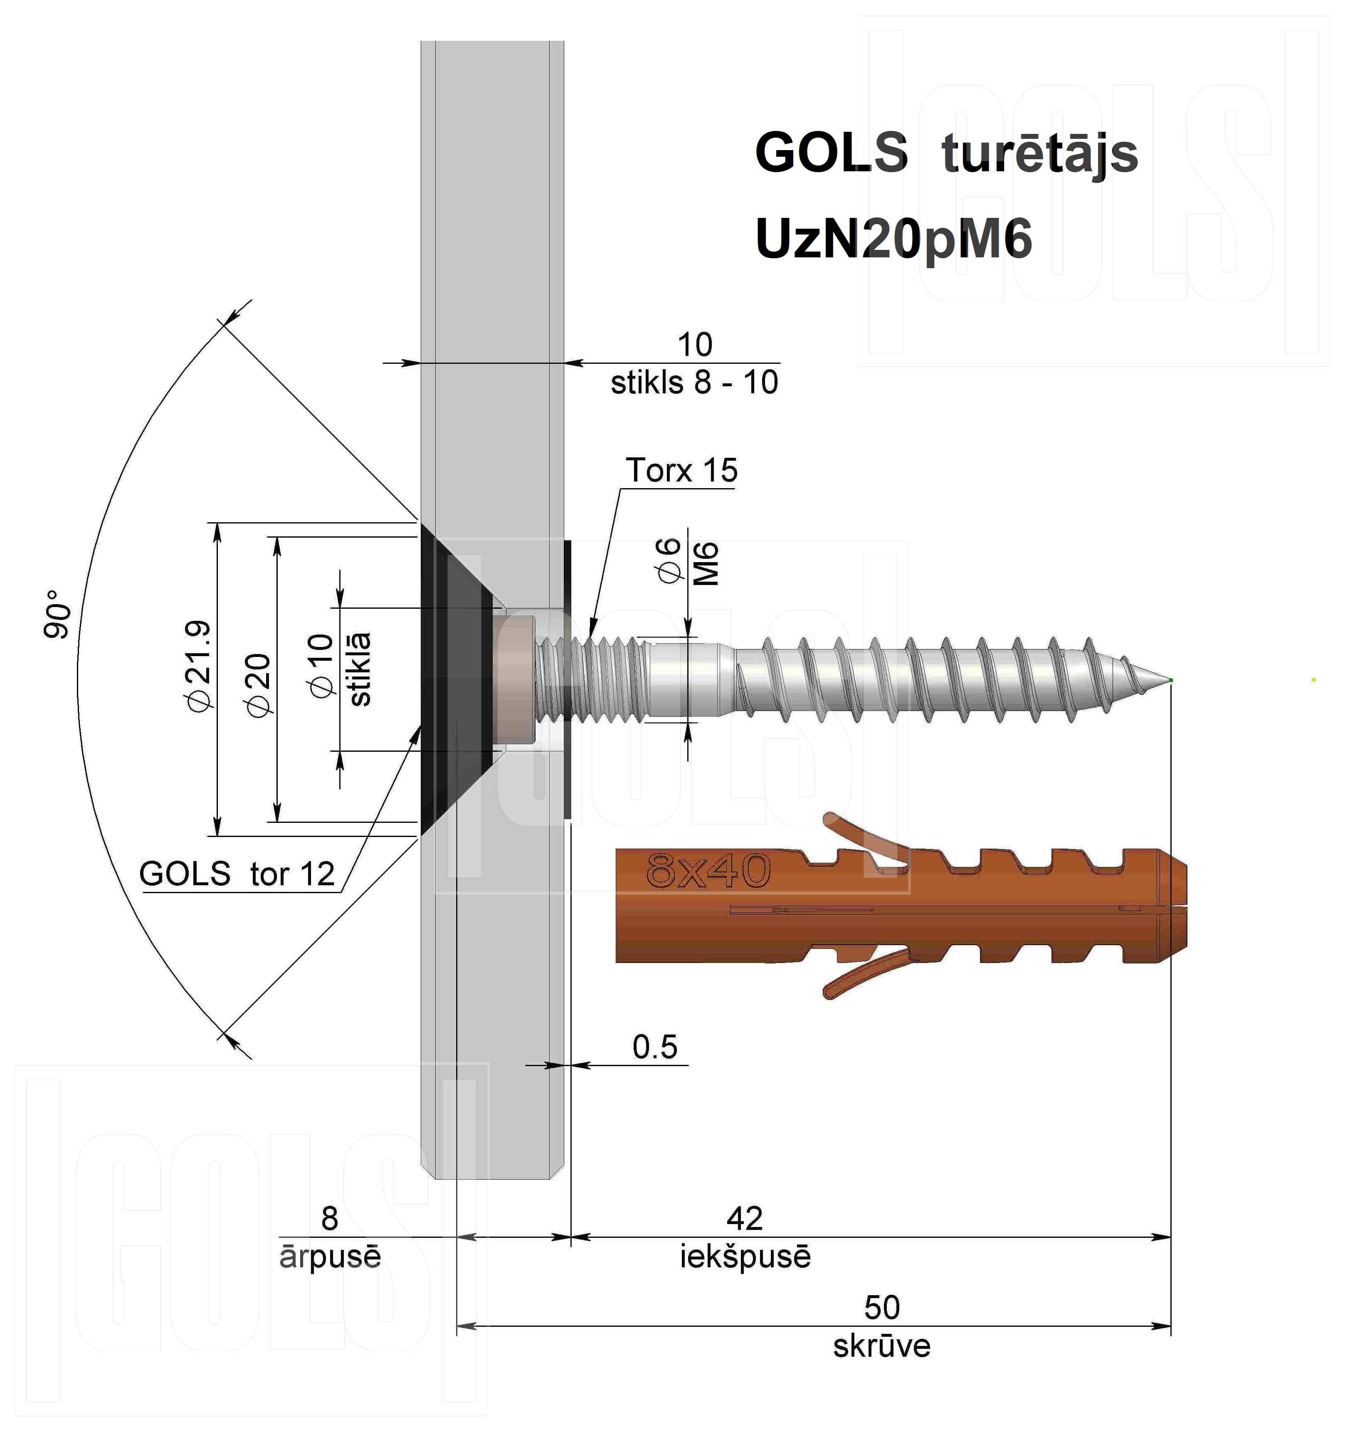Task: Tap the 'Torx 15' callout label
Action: tap(681, 470)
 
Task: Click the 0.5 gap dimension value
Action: tap(655, 1047)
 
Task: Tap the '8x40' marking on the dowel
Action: tap(708, 870)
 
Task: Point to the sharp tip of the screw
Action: tap(1170, 680)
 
